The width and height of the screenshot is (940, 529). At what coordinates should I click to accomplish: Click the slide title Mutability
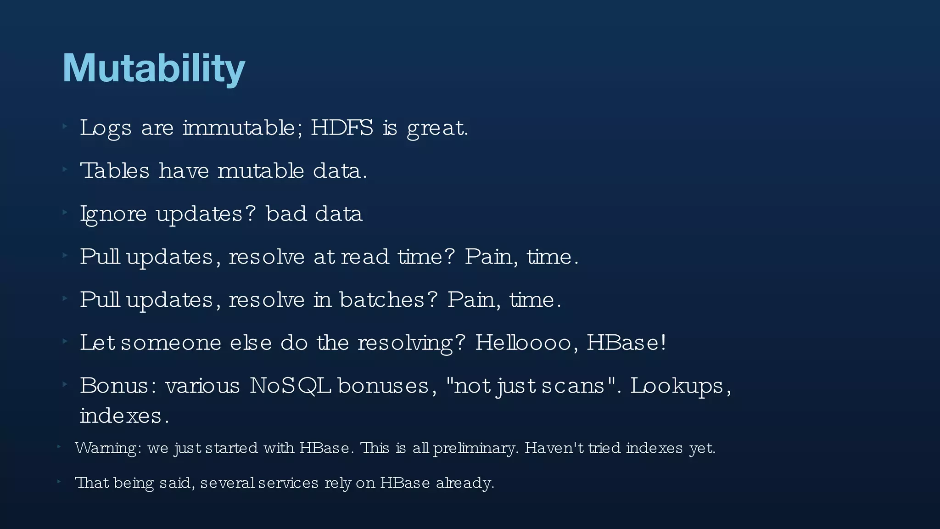tap(154, 68)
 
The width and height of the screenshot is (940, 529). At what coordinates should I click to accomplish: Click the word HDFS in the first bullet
tap(342, 128)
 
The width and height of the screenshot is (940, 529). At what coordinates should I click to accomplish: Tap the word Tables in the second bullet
tap(115, 171)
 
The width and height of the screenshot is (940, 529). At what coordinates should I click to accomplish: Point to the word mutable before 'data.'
tap(260, 171)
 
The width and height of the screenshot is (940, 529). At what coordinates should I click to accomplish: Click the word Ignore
tap(113, 214)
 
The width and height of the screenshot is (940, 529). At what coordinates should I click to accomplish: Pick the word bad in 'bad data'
tap(286, 214)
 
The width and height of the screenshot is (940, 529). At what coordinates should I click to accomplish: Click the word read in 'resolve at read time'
tap(365, 257)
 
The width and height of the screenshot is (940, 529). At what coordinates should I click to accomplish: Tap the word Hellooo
tap(523, 343)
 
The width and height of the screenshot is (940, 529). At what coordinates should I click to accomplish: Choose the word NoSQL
tap(290, 386)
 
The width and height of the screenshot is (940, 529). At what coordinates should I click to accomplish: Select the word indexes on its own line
tap(121, 416)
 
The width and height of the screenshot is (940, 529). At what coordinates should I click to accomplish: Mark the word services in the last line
tap(288, 483)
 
